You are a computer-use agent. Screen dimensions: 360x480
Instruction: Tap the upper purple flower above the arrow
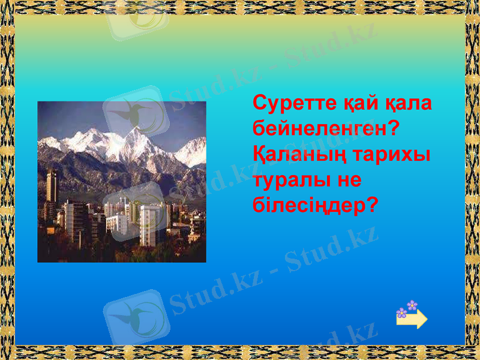tap(412, 305)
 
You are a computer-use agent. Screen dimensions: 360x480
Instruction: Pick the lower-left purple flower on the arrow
tap(401, 313)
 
